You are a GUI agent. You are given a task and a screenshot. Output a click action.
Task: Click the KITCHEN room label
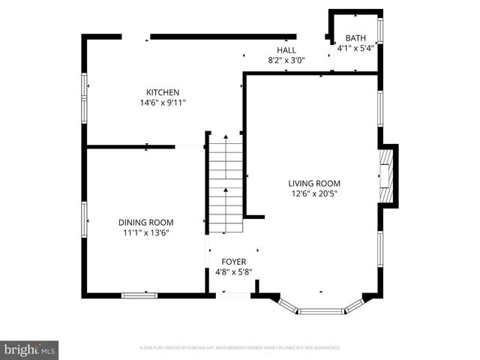tap(162, 92)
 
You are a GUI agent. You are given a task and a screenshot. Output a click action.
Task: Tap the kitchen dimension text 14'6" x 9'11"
tap(162, 103)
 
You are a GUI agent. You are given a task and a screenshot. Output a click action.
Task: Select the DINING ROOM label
tap(145, 222)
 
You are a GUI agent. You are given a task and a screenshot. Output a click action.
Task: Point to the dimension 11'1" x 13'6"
tap(145, 232)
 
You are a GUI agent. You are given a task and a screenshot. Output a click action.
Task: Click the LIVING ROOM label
tap(314, 183)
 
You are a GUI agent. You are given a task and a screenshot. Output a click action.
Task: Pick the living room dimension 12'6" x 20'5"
tap(314, 193)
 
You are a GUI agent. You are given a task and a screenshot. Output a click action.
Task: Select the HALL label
tap(286, 49)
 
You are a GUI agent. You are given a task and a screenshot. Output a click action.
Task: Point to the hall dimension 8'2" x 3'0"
tap(286, 61)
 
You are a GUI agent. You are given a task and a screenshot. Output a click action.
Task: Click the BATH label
tap(355, 38)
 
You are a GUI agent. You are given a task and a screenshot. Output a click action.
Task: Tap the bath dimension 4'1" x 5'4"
tap(355, 49)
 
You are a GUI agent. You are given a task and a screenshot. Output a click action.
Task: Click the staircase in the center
tap(226, 184)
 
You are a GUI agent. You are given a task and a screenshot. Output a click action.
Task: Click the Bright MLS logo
tap(30, 349)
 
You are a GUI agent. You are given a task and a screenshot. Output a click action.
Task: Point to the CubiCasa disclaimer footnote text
tap(240, 348)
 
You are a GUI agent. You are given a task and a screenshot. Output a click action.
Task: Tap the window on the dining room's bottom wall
tap(139, 295)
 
